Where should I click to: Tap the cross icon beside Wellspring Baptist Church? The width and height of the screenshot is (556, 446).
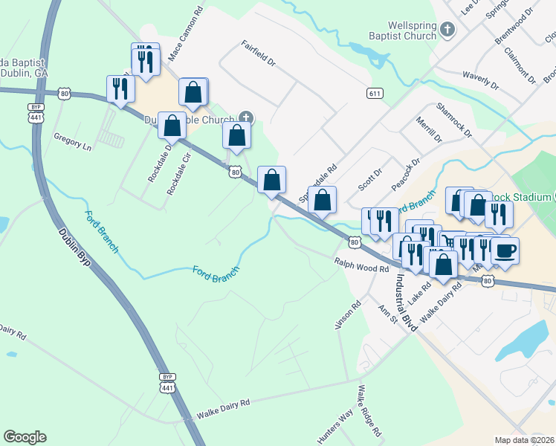click(x=447, y=30)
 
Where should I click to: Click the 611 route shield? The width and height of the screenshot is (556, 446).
click(x=375, y=93)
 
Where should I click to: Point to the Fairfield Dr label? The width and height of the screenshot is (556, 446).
click(x=259, y=56)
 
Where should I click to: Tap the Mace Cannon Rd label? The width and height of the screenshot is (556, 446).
click(x=186, y=34)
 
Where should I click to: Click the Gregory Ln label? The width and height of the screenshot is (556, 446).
click(x=72, y=142)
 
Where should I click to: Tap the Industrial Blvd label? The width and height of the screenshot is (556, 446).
click(x=407, y=301)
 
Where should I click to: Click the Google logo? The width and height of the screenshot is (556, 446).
click(x=25, y=437)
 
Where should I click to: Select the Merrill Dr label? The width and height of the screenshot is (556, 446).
click(x=429, y=129)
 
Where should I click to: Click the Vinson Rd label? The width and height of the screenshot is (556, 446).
click(x=349, y=314)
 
